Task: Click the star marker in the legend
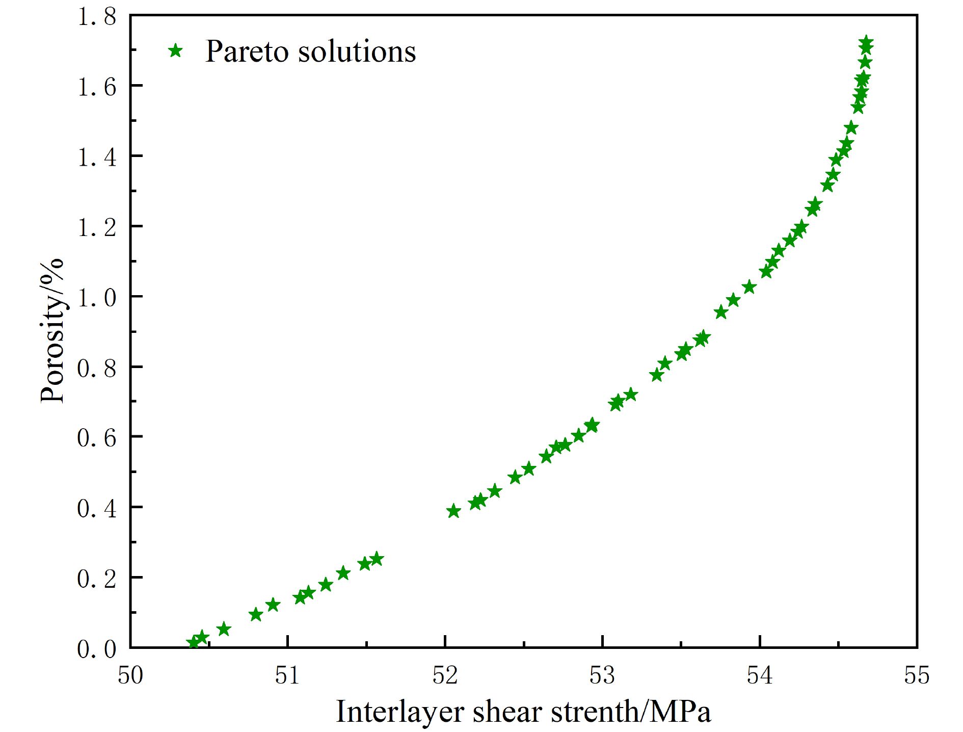coord(176,50)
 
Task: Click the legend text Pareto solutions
coord(310,51)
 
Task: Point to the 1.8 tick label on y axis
coord(97,17)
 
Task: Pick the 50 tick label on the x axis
coord(130,675)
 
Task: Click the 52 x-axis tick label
coord(445,675)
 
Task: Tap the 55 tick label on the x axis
coord(917,675)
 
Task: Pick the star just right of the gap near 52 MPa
coord(453,511)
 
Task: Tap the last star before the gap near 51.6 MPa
coord(377,559)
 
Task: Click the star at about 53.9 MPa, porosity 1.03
coord(749,287)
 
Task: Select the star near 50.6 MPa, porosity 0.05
coord(224,629)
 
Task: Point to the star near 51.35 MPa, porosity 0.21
coord(343,573)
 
